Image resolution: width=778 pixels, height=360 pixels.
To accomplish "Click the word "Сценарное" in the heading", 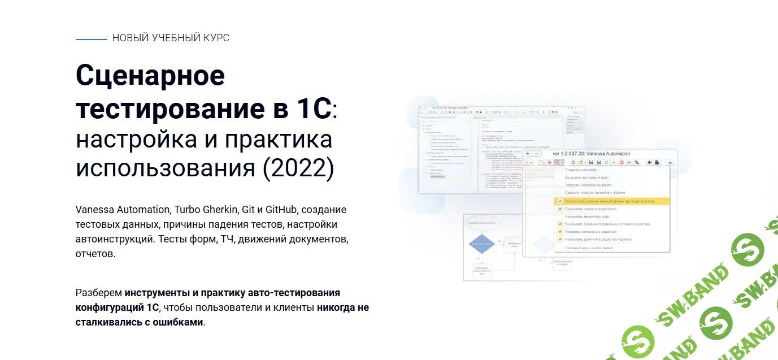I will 150,76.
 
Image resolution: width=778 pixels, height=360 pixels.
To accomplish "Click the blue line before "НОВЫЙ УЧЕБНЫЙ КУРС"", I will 91,39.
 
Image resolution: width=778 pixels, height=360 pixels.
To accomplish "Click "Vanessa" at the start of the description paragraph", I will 94,210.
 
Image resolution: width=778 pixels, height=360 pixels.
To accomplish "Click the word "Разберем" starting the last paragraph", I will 98,293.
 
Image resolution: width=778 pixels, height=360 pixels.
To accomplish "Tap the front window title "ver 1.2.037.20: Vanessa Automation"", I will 591,153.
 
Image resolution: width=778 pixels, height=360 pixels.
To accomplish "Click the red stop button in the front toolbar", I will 621,162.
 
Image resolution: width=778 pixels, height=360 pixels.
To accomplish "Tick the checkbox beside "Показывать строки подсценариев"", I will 560,209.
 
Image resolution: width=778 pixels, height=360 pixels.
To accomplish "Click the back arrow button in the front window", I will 528,153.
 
